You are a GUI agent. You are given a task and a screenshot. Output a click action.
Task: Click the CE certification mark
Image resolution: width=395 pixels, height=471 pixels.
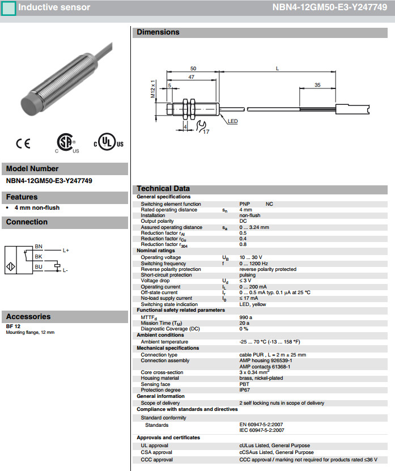tap(23, 143)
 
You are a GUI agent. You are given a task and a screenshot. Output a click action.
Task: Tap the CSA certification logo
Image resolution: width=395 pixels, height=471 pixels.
tap(66, 143)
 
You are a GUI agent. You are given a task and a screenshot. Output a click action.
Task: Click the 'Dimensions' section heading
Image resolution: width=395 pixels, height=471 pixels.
tap(158, 32)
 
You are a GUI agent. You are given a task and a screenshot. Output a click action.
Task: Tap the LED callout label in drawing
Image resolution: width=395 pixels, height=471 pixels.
tap(233, 121)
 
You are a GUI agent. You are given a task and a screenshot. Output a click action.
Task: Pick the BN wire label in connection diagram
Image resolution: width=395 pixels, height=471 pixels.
tap(39, 247)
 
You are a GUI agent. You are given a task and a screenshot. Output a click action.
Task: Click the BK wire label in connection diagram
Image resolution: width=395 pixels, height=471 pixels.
tap(39, 257)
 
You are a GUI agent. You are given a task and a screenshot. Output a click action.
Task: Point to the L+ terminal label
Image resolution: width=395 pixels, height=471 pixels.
tap(66, 251)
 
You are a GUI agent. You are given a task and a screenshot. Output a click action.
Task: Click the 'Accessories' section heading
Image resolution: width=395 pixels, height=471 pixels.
tap(28, 317)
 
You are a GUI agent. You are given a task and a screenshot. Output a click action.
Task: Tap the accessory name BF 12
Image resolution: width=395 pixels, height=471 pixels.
tap(13, 326)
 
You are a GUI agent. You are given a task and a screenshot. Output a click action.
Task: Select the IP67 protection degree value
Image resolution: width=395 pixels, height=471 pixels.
tap(245, 391)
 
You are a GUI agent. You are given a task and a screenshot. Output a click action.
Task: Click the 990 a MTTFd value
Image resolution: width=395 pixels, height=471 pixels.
tap(245, 317)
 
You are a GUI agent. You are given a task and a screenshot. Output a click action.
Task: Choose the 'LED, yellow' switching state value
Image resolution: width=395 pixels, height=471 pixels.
tap(253, 304)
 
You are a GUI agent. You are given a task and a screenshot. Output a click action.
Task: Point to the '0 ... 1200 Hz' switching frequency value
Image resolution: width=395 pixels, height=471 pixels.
tap(253, 263)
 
